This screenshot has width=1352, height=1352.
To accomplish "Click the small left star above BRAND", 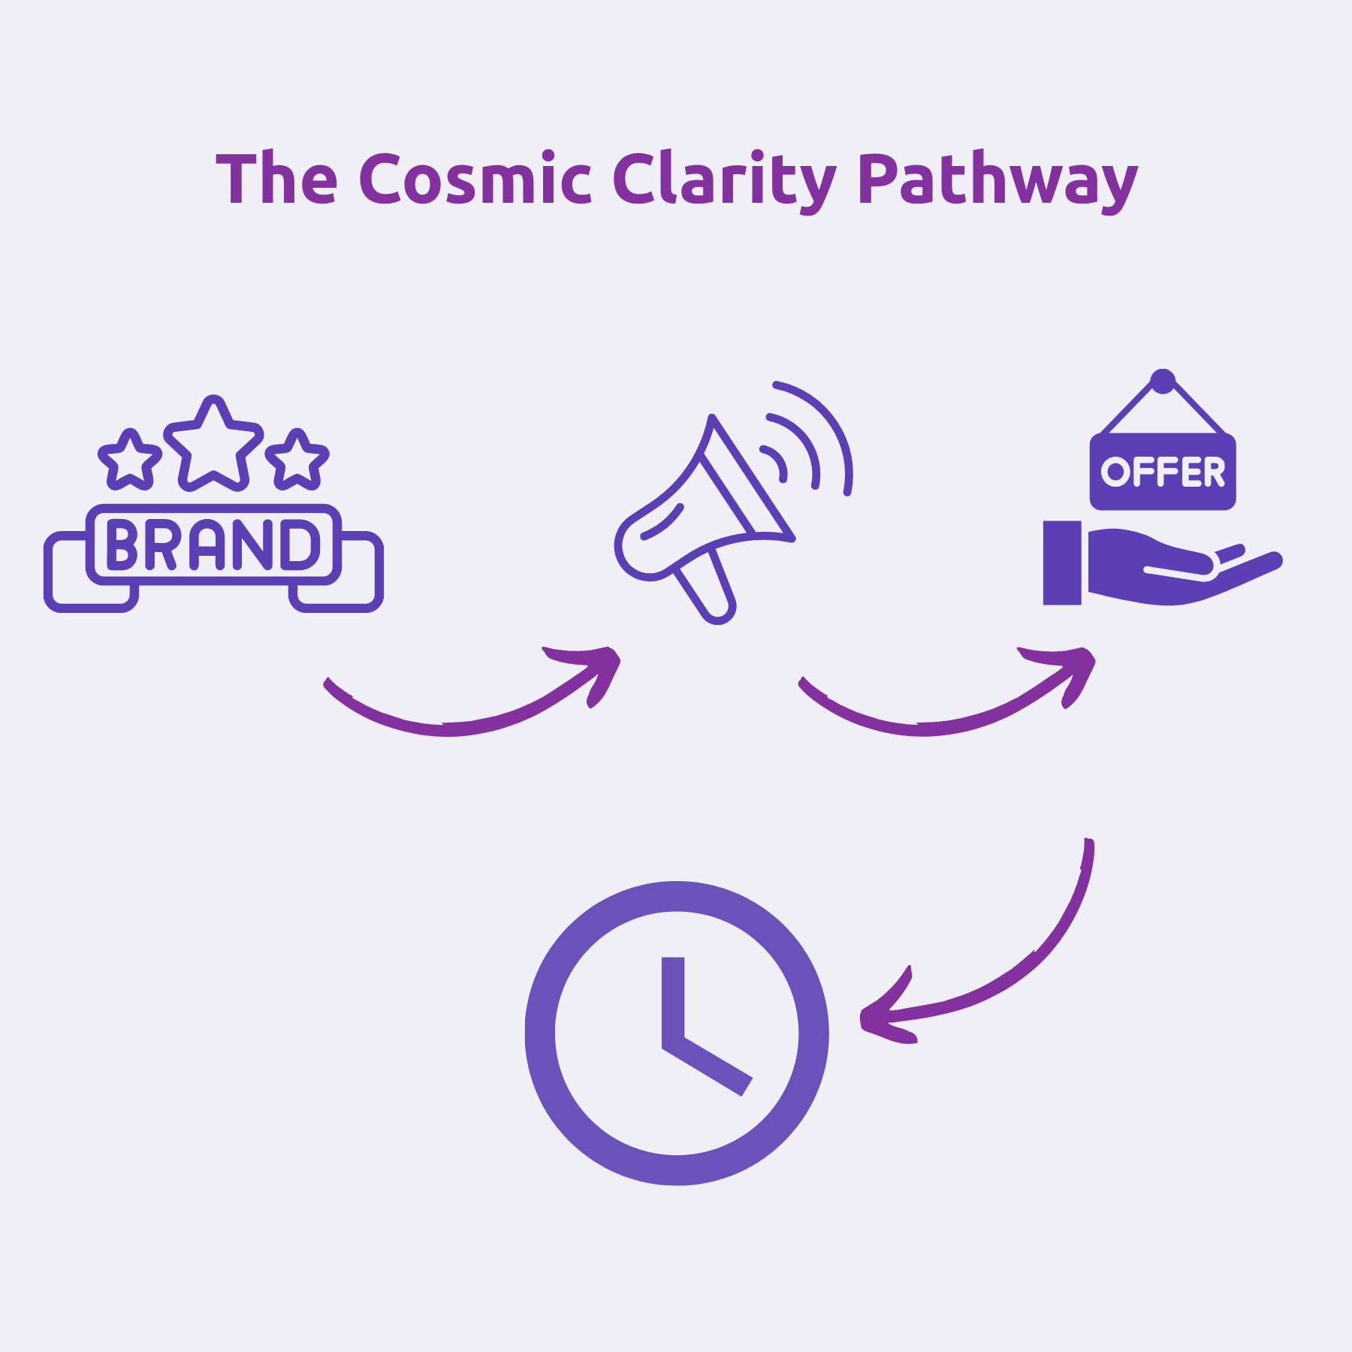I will [130, 460].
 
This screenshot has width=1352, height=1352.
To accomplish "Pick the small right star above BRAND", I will [297, 460].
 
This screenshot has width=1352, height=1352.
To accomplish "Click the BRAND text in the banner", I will [213, 544].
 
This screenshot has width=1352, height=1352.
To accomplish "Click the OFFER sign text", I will [1163, 472].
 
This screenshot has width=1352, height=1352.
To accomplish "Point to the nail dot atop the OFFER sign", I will [1163, 381].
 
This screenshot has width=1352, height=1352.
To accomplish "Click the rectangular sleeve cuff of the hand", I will [1062, 563].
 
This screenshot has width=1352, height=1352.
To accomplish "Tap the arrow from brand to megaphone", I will [466, 717].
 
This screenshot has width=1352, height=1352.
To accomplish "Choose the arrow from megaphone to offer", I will [939, 717].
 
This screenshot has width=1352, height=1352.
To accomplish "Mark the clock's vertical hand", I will [673, 999].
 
